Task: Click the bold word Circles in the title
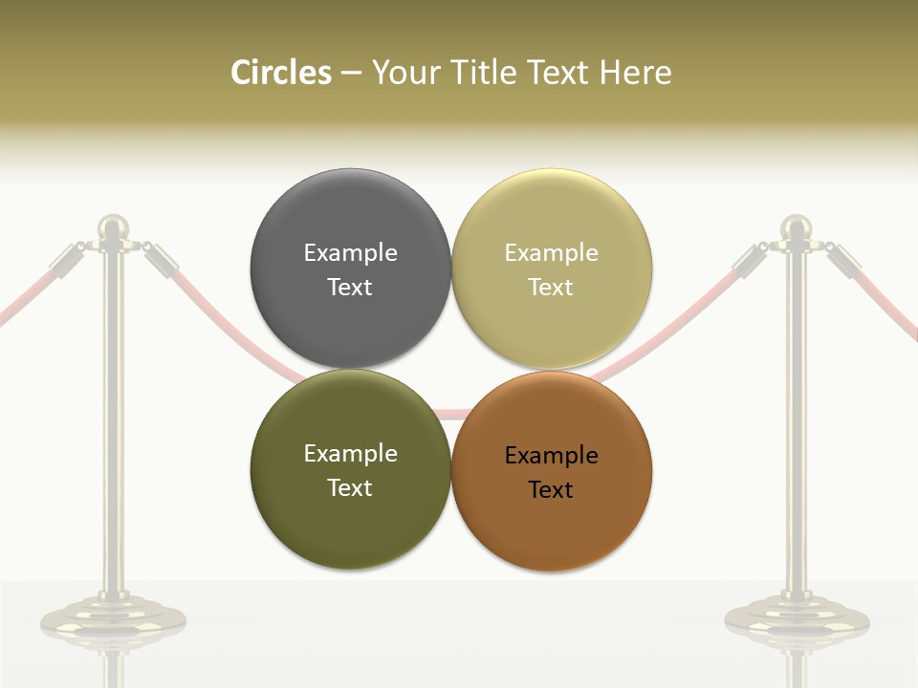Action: pyautogui.click(x=281, y=73)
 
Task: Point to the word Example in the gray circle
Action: pyautogui.click(x=350, y=253)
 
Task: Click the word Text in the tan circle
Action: pyautogui.click(x=551, y=288)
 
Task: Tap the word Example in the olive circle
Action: pyautogui.click(x=350, y=454)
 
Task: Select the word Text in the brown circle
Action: pyautogui.click(x=551, y=490)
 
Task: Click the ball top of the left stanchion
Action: pyautogui.click(x=114, y=227)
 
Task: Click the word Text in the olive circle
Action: pyautogui.click(x=350, y=488)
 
